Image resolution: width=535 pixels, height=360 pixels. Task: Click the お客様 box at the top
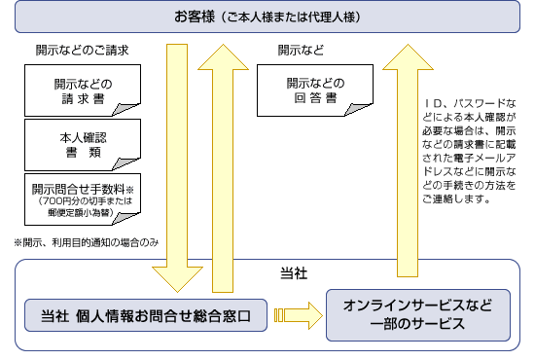[267, 17]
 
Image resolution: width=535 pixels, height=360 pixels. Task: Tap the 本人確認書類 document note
[82, 144]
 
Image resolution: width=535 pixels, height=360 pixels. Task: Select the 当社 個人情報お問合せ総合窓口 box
[146, 315]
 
